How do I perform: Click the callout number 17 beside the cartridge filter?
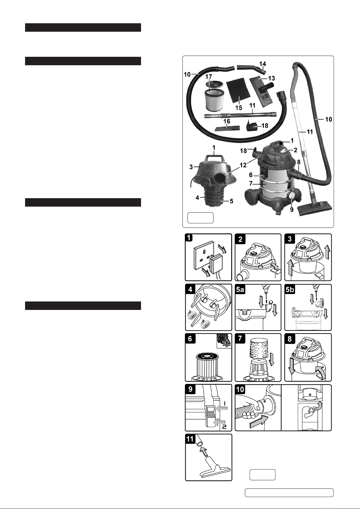pyautogui.click(x=209, y=76)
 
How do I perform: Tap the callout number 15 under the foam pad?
pyautogui.click(x=239, y=108)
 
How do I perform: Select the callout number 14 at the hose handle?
pyautogui.click(x=262, y=64)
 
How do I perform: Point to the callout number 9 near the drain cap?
pyautogui.click(x=292, y=209)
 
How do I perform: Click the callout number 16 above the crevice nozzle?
pyautogui.click(x=227, y=121)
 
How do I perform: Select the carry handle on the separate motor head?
pyautogui.click(x=214, y=158)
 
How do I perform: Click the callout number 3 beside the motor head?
pyautogui.click(x=191, y=167)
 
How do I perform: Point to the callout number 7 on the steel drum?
pyautogui.click(x=251, y=183)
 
